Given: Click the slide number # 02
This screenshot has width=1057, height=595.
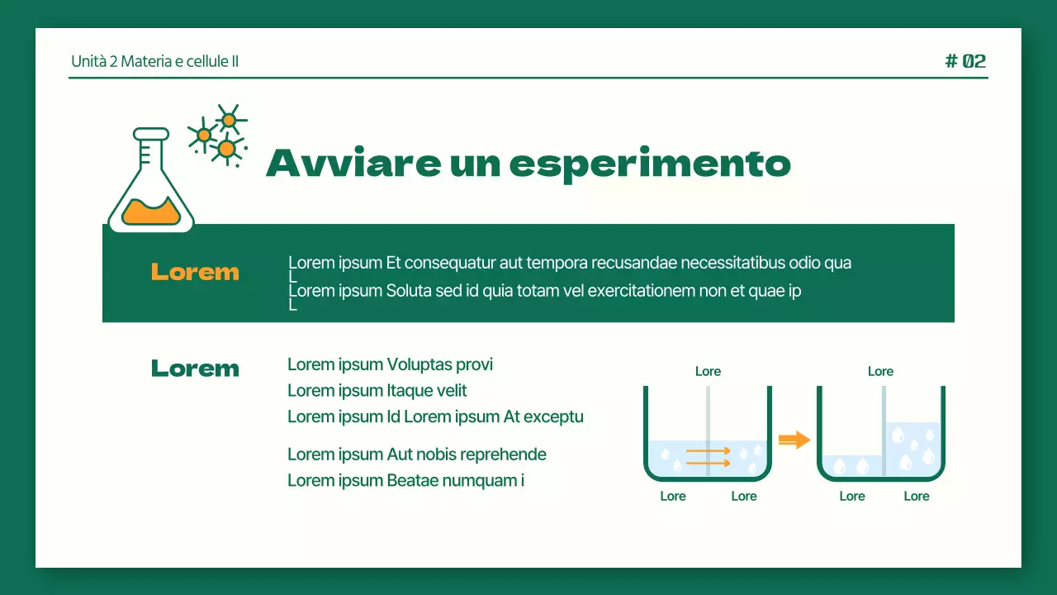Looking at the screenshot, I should coord(965,61).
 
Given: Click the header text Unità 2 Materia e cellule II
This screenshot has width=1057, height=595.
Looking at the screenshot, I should coord(155,61).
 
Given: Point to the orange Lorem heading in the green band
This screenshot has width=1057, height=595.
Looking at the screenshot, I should coord(195,272).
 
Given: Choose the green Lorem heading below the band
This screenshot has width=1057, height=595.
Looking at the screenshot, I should coord(195,368).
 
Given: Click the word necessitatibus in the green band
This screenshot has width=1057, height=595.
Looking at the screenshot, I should coord(732,263).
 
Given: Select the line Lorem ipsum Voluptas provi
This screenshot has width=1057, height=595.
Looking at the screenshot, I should coord(390,364).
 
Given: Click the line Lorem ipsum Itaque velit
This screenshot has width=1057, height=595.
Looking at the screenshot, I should coord(377,390).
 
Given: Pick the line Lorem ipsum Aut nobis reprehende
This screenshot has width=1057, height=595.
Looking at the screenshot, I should coord(417,454).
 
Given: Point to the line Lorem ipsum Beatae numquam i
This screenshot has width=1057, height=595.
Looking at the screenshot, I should coord(405,480).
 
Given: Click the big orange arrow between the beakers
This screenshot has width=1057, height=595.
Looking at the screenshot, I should coord(794,440).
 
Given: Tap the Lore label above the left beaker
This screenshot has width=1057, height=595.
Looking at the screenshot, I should coord(708,371).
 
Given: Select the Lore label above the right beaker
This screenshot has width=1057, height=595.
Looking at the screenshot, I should coord(880,371).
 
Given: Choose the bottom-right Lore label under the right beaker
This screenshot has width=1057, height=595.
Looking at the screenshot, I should coord(917,496).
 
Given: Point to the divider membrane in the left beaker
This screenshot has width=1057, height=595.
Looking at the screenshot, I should coord(708,430).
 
